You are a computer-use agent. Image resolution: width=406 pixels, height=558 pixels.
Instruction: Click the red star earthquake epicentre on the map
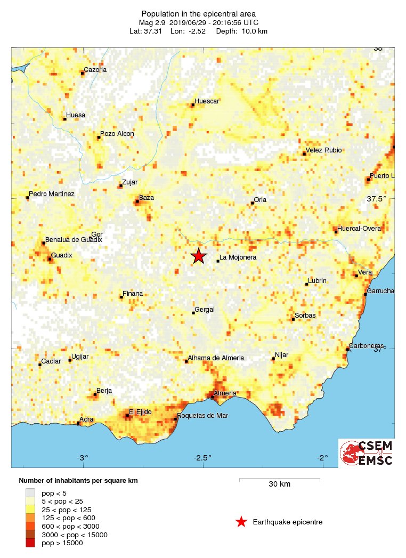coord(199,256)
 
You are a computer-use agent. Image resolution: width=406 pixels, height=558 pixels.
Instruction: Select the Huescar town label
coord(207,101)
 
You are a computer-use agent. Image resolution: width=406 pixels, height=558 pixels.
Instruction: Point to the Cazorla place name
coord(95,69)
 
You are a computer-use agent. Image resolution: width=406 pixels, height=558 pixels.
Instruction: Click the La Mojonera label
coord(238,257)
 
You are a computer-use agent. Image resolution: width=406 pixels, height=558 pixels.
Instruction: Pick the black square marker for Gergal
coord(193,313)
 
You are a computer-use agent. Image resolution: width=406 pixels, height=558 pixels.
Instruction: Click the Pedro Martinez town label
coord(52,194)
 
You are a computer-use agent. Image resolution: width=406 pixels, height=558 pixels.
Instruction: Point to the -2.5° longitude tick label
coord(202,458)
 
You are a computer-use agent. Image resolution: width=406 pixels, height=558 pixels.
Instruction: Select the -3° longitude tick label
coord(82,458)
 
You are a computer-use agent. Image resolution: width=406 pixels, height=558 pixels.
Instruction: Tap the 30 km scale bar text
coord(279,484)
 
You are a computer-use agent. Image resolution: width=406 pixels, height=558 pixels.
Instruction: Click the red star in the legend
coord(241,522)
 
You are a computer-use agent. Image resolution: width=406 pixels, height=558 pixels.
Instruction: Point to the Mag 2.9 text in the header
coord(151,22)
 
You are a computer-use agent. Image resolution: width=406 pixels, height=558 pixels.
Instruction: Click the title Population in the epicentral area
coord(198,13)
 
